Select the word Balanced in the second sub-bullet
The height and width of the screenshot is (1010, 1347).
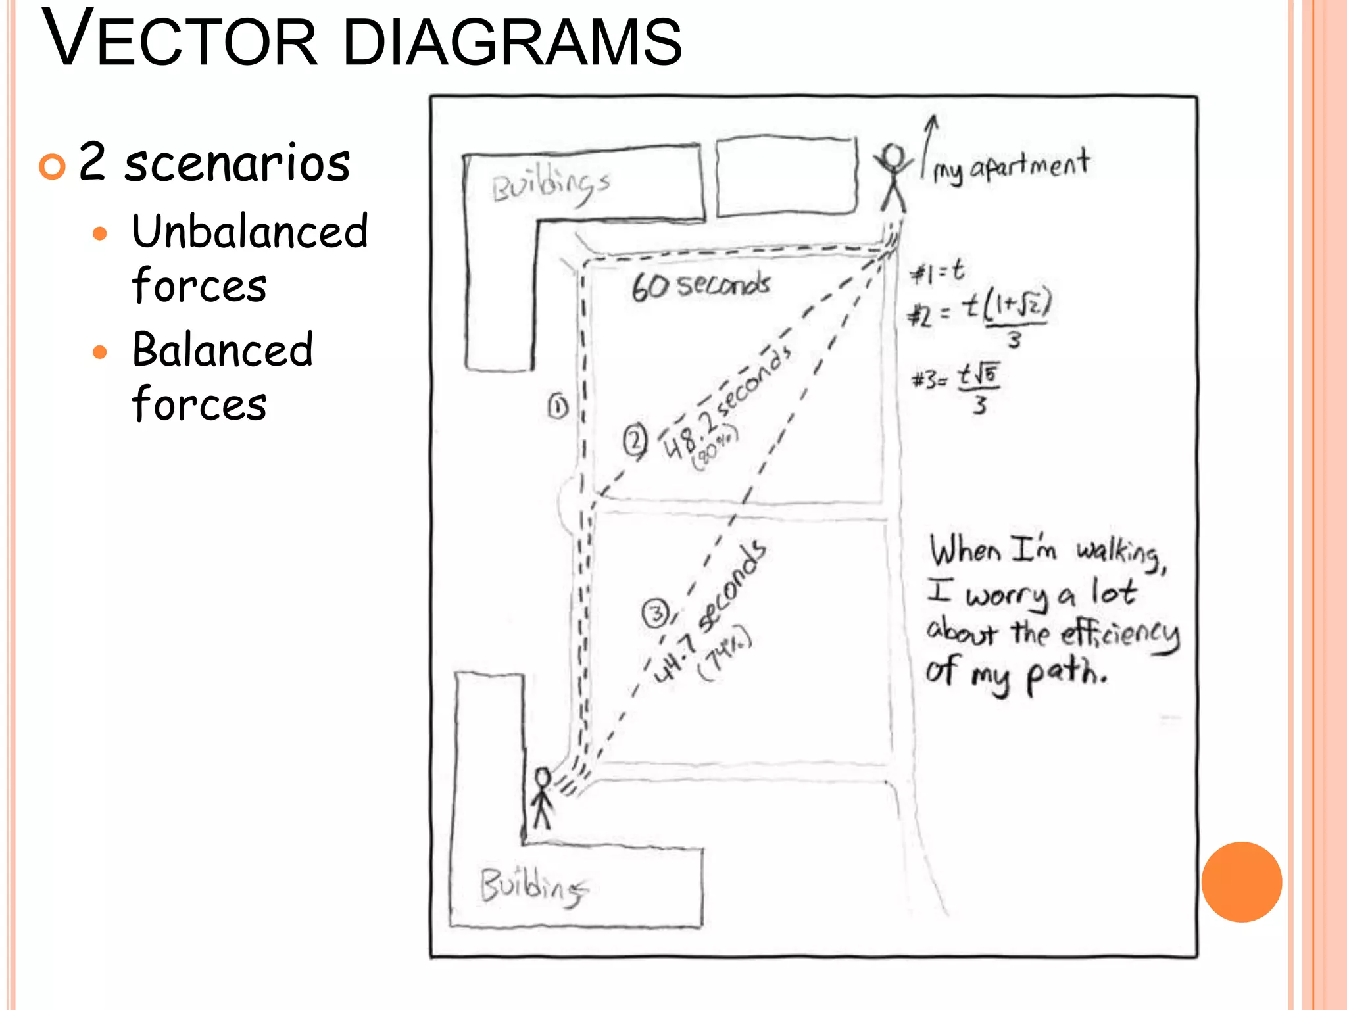[222, 350]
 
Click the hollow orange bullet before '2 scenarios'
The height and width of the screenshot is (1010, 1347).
[52, 166]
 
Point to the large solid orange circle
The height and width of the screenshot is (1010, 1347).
[1241, 882]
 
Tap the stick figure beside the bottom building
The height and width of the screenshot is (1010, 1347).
[542, 798]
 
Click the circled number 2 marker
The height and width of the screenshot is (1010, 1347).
[635, 441]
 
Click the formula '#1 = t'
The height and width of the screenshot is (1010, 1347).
[937, 272]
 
